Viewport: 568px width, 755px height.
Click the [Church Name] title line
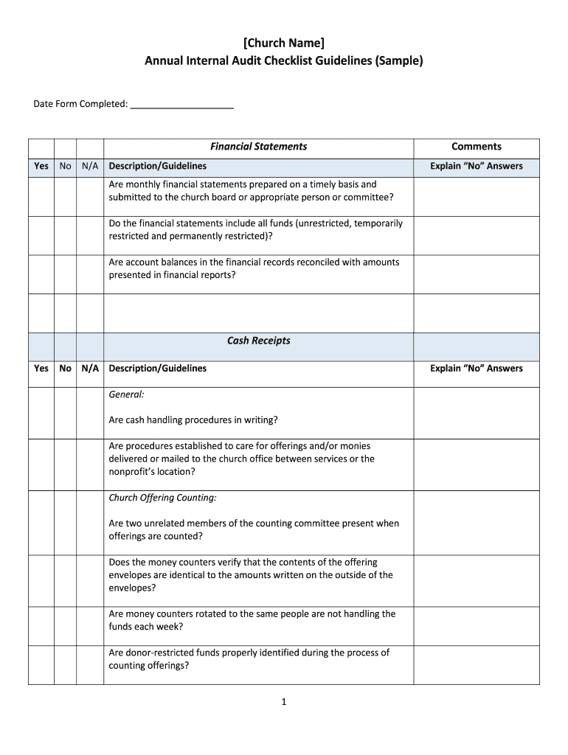284,43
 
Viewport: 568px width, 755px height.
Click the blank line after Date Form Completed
181,105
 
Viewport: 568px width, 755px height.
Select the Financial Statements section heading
258,147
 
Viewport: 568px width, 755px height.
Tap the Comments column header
476,147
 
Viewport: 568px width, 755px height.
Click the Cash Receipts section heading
258,341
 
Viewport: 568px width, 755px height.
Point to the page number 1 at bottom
283,703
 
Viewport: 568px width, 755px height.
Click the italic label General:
126,394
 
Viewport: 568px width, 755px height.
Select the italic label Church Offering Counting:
162,498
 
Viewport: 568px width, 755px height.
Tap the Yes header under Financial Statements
41,167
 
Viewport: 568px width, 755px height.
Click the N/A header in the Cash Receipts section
90,369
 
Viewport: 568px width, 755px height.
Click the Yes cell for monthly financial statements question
41,197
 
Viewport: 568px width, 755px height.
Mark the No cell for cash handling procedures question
66,413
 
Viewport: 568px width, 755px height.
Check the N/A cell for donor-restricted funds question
90,665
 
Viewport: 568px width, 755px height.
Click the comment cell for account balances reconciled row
476,274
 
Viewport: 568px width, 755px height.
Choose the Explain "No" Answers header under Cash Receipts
476,369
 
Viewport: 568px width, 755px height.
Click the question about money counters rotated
252,620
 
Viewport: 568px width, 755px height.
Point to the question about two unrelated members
253,530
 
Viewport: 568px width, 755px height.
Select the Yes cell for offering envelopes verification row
41,581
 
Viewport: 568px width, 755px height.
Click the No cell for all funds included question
66,236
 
